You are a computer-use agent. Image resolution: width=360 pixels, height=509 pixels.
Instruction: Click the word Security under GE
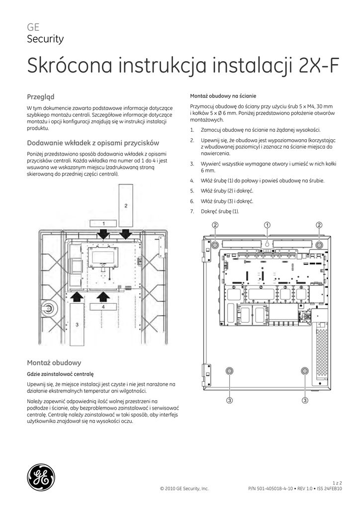click(x=45, y=39)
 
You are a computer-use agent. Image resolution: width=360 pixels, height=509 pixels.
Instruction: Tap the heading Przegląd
click(x=40, y=96)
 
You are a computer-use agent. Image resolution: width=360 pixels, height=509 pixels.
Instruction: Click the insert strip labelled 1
click(x=102, y=223)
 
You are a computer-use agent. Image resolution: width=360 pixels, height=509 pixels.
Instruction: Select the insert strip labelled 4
click(x=103, y=307)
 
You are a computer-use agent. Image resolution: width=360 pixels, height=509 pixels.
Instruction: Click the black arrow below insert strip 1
click(x=103, y=233)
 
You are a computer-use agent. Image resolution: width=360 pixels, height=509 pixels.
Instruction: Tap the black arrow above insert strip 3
click(x=77, y=297)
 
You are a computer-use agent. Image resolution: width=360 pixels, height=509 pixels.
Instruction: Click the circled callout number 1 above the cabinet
click(x=267, y=225)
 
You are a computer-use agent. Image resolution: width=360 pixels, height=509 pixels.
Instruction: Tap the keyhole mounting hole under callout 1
click(x=267, y=245)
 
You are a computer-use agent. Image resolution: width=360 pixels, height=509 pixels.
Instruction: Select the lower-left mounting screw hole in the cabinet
click(x=230, y=371)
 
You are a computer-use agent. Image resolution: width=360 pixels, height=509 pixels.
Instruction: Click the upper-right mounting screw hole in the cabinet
click(x=319, y=245)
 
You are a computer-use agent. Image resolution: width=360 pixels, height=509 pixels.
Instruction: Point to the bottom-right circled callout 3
click(x=304, y=400)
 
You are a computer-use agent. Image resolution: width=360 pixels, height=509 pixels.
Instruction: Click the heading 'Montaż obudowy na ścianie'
click(x=223, y=95)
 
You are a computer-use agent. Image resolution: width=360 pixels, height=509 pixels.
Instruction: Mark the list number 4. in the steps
click(x=192, y=180)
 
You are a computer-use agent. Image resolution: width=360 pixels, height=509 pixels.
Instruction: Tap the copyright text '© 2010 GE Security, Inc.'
click(x=184, y=489)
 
